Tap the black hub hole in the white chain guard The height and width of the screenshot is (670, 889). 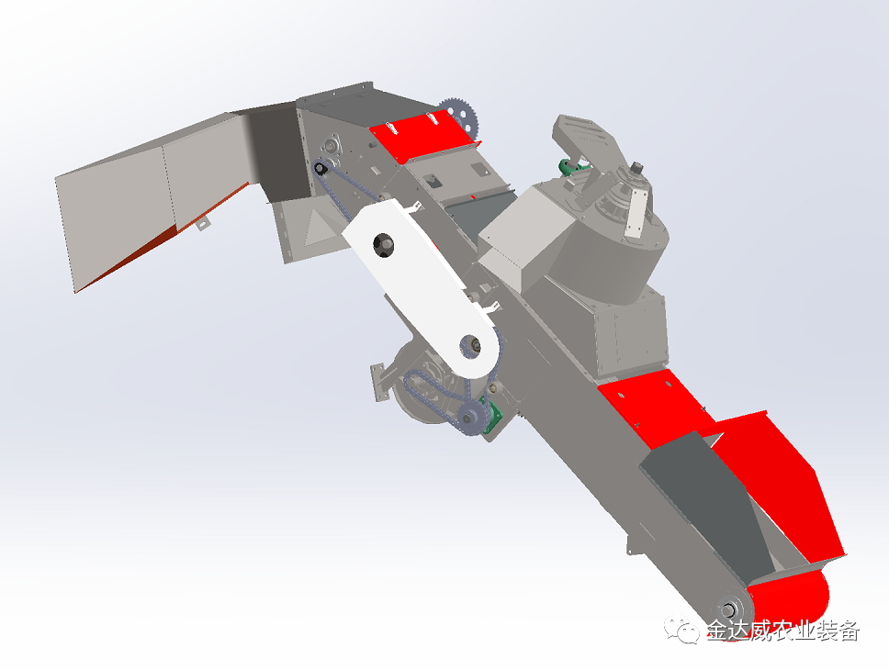pos(383,245)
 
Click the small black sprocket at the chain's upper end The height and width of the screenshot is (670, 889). pos(321,168)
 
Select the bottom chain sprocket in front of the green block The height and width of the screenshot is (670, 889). pos(468,419)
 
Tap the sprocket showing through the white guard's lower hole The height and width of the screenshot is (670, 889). pos(471,345)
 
